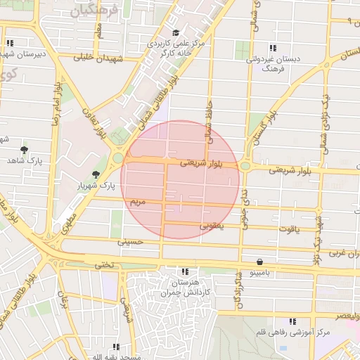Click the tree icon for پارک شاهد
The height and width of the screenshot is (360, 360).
[x=25, y=150]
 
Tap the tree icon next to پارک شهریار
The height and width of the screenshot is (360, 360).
[x=96, y=174]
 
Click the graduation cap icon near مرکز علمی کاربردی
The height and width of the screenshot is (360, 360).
[x=176, y=32]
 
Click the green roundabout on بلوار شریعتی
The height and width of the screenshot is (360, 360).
[x=245, y=166]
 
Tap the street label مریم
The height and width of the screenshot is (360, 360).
[x=137, y=202]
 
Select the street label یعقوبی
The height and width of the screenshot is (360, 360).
[x=211, y=226]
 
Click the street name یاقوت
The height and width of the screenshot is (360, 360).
[x=288, y=229]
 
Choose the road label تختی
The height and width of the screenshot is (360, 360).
[x=103, y=264]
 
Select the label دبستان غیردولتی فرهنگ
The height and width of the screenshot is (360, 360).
[x=273, y=65]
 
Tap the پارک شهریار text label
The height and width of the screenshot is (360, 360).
[x=96, y=186]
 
